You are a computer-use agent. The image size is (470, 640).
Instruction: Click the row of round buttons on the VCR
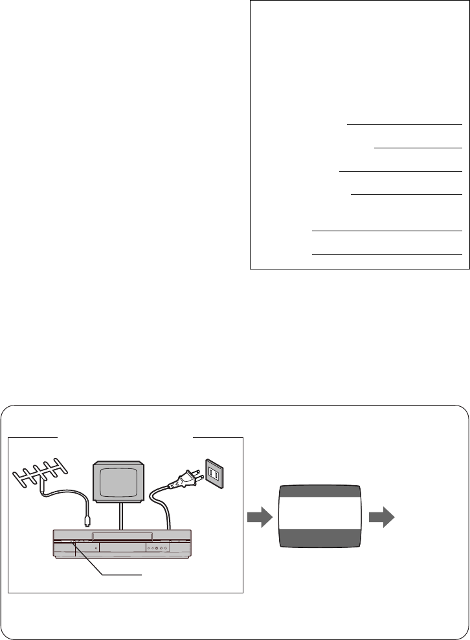click(x=157, y=548)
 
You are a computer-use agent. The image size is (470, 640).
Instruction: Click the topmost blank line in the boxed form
click(x=404, y=123)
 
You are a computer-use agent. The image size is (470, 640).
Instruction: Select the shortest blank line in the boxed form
click(x=418, y=148)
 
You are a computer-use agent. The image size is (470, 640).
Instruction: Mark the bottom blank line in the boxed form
click(x=386, y=254)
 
